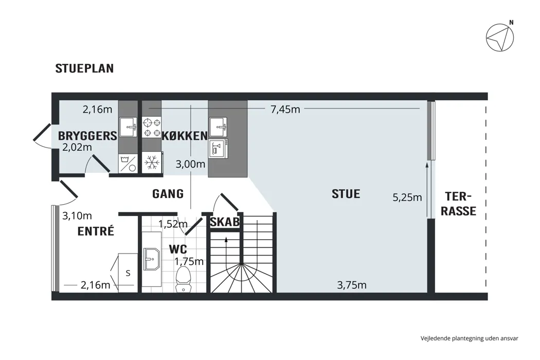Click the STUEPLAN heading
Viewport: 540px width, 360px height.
click(x=84, y=68)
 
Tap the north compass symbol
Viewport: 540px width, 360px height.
click(x=500, y=38)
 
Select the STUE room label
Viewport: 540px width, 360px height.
click(x=346, y=194)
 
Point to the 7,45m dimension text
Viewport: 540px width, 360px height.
click(x=285, y=109)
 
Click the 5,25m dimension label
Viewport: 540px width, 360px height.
click(x=407, y=197)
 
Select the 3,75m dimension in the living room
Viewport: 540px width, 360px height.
click(x=352, y=285)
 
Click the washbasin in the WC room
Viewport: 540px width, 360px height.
click(x=152, y=259)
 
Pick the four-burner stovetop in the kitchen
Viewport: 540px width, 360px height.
click(x=152, y=128)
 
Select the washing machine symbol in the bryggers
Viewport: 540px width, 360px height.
click(x=128, y=164)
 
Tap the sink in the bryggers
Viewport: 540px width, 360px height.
click(x=128, y=127)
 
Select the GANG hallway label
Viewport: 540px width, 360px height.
click(x=168, y=194)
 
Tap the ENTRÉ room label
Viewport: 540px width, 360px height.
click(x=96, y=231)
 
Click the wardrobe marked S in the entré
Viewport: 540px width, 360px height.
click(x=128, y=273)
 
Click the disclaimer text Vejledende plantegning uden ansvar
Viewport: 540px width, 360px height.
click(x=469, y=338)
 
